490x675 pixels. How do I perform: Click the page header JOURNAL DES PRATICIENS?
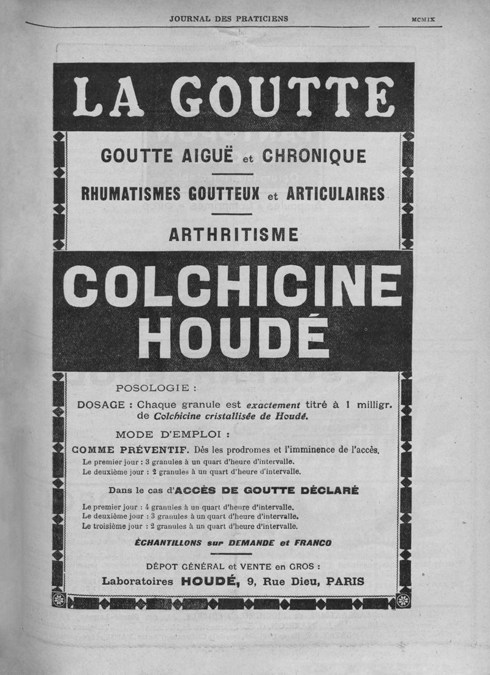click(x=228, y=19)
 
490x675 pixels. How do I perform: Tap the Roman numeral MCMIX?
click(x=423, y=20)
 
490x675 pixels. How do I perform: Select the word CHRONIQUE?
click(x=314, y=156)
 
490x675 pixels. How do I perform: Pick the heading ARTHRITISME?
click(x=233, y=234)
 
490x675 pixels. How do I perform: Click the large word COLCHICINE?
click(x=233, y=286)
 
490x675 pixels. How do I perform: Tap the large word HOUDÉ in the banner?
click(x=233, y=337)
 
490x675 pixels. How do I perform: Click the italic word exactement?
click(x=273, y=405)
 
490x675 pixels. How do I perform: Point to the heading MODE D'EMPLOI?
click(x=173, y=436)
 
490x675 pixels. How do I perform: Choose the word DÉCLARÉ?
click(x=328, y=491)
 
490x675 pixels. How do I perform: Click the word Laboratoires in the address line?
click(x=138, y=581)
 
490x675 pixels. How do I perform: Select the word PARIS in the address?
click(x=345, y=581)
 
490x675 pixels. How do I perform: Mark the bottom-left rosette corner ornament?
click(x=59, y=600)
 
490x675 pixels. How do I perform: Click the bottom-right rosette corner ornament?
click(x=404, y=600)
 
